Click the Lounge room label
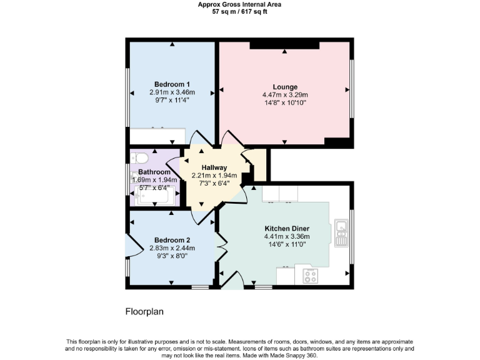coord(285,87)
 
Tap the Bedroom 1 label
coord(172,84)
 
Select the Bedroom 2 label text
coord(172,240)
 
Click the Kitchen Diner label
coord(287,228)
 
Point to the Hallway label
coord(214,167)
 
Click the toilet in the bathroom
coord(138,157)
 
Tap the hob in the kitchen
coord(309,274)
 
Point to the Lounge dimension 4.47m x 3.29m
coord(285,95)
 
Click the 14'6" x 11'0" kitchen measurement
coord(287,244)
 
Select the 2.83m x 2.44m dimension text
coord(172,248)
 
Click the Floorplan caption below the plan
coord(144,311)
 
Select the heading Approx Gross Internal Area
coord(239,4)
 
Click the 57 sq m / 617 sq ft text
coord(239,12)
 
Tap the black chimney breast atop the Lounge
coord(284,45)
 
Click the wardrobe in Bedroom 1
coord(157,136)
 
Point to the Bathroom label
coord(154,172)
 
